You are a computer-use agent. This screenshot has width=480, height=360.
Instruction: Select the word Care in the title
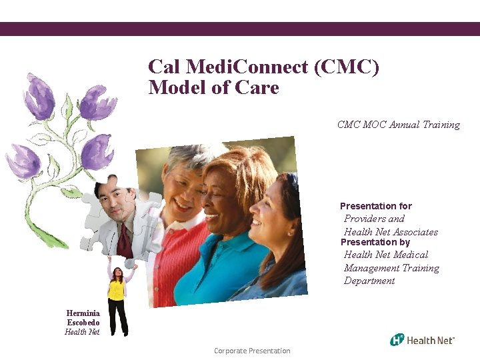(x=257, y=87)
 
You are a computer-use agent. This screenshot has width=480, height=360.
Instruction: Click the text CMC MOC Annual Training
(x=398, y=125)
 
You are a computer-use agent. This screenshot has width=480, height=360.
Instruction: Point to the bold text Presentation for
(x=376, y=206)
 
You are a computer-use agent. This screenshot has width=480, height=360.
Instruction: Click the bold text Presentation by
(x=375, y=243)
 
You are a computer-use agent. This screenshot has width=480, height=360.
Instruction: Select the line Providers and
(x=374, y=219)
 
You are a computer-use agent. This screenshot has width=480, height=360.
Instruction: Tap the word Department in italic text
(x=369, y=281)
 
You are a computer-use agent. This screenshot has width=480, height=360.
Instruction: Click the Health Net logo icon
(x=397, y=339)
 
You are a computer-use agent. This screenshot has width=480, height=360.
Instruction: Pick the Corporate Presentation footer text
(x=252, y=351)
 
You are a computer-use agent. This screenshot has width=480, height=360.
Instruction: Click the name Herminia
(x=83, y=313)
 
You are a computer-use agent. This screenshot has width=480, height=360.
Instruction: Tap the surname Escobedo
(x=83, y=323)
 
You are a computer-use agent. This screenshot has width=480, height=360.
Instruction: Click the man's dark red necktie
(x=124, y=242)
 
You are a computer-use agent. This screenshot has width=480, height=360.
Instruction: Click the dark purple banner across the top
(x=240, y=29)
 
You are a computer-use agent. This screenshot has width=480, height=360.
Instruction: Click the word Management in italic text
(x=391, y=268)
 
